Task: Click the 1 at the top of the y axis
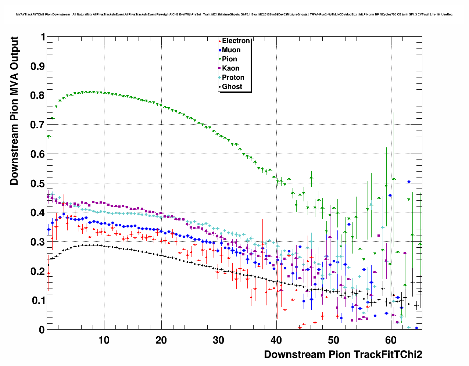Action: pyautogui.click(x=43, y=37)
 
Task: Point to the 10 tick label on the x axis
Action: pyautogui.click(x=104, y=340)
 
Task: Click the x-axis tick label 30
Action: pyautogui.click(x=219, y=340)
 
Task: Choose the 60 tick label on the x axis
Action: pyautogui.click(x=390, y=340)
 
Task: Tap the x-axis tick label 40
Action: pyautogui.click(x=276, y=340)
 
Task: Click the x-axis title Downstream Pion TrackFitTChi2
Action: pyautogui.click(x=343, y=354)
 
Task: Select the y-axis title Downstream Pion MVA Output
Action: pyautogui.click(x=14, y=111)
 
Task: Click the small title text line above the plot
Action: pyautogui.click(x=234, y=14)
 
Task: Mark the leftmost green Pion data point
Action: pyautogui.click(x=49, y=136)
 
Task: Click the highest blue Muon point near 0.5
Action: pyautogui.click(x=409, y=182)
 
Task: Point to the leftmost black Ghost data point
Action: pyautogui.click(x=48, y=265)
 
